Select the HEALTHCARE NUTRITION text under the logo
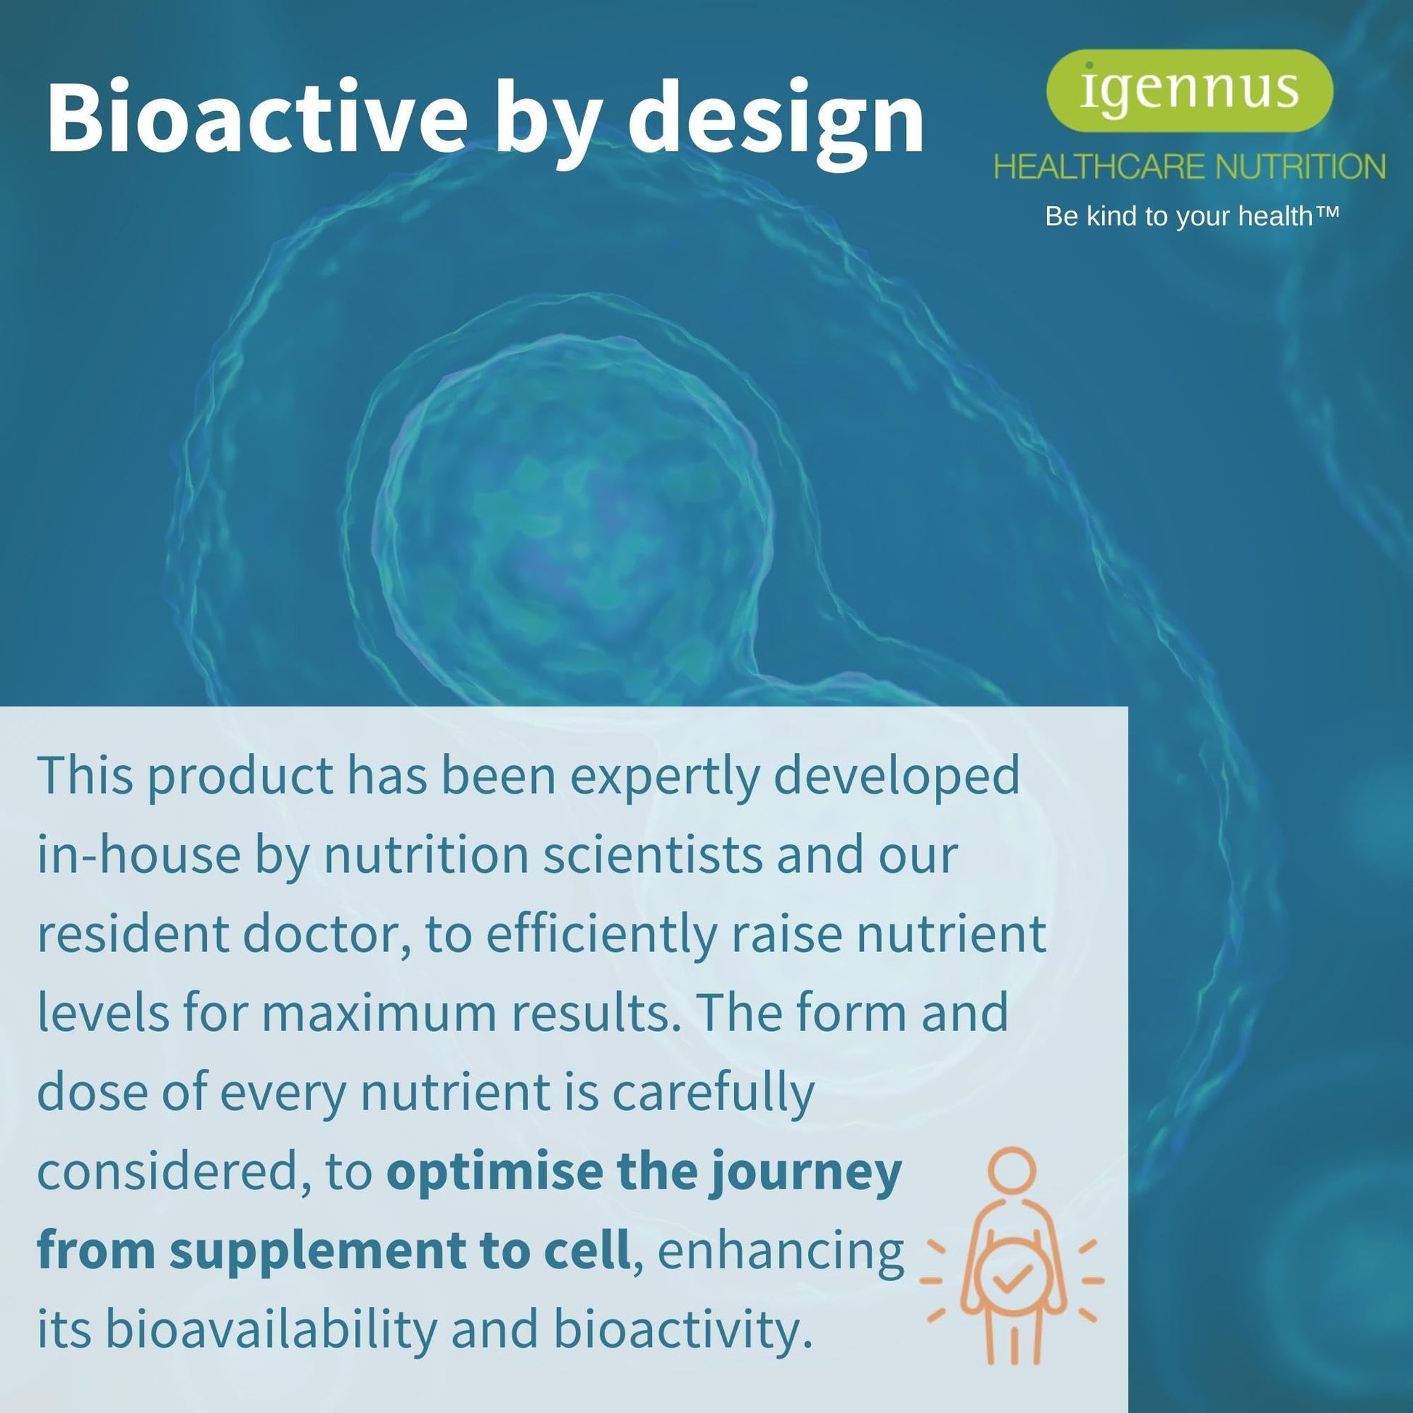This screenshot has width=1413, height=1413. tap(1189, 168)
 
